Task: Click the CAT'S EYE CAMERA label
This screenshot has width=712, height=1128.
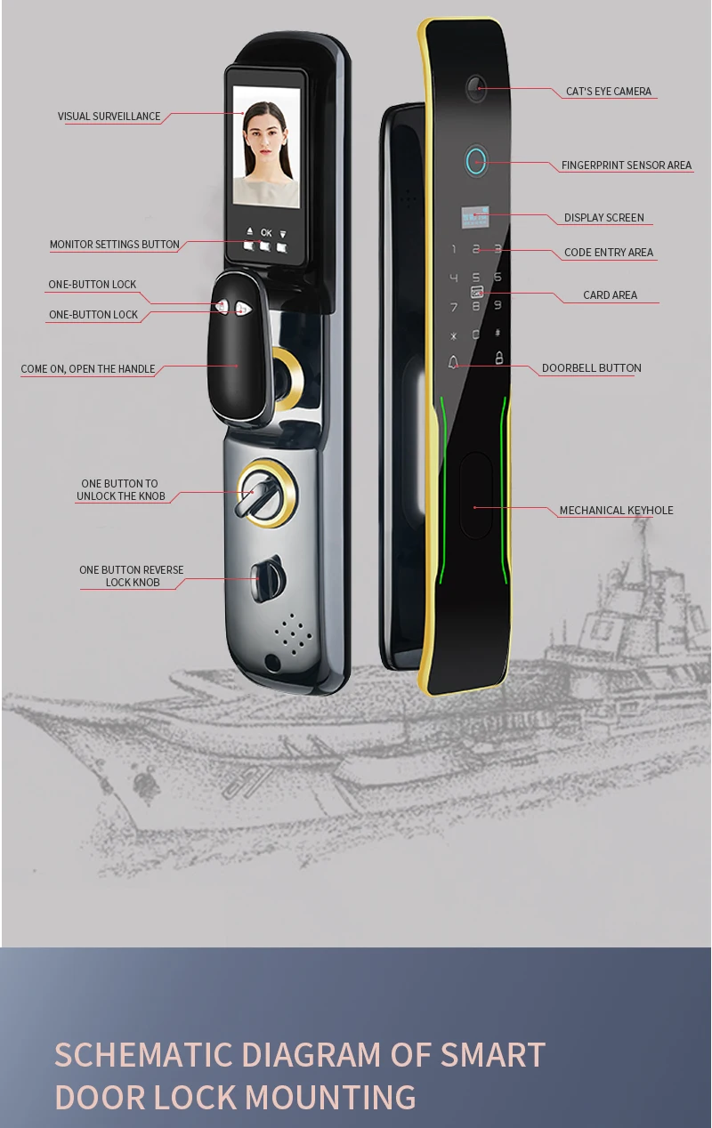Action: [x=608, y=91]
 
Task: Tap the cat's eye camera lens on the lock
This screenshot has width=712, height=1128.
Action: [x=474, y=88]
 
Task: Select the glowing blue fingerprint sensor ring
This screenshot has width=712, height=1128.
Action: [x=475, y=161]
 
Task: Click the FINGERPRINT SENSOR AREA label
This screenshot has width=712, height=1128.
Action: [x=627, y=165]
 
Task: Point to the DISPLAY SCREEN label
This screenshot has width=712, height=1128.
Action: [x=603, y=218]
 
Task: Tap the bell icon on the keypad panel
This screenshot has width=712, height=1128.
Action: [x=453, y=362]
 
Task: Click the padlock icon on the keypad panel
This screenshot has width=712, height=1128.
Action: [x=499, y=358]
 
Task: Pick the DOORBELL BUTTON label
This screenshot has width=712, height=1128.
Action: [x=592, y=368]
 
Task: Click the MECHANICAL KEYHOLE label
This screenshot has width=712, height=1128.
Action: [x=616, y=510]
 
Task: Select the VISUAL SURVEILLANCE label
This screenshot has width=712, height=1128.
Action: [x=109, y=117]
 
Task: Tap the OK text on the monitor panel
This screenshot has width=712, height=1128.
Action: [x=266, y=233]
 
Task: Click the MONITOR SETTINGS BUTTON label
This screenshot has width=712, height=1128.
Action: [x=115, y=245]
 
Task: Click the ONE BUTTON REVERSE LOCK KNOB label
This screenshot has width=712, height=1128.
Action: [x=132, y=576]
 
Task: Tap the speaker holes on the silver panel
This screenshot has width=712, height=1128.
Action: [x=292, y=633]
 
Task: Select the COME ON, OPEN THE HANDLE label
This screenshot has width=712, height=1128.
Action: [x=88, y=369]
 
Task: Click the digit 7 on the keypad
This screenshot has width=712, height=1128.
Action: [x=454, y=307]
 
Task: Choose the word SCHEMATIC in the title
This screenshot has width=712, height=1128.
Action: [x=142, y=1055]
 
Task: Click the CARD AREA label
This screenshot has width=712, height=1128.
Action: [x=610, y=295]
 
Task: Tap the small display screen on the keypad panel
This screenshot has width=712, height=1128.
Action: [x=475, y=217]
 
